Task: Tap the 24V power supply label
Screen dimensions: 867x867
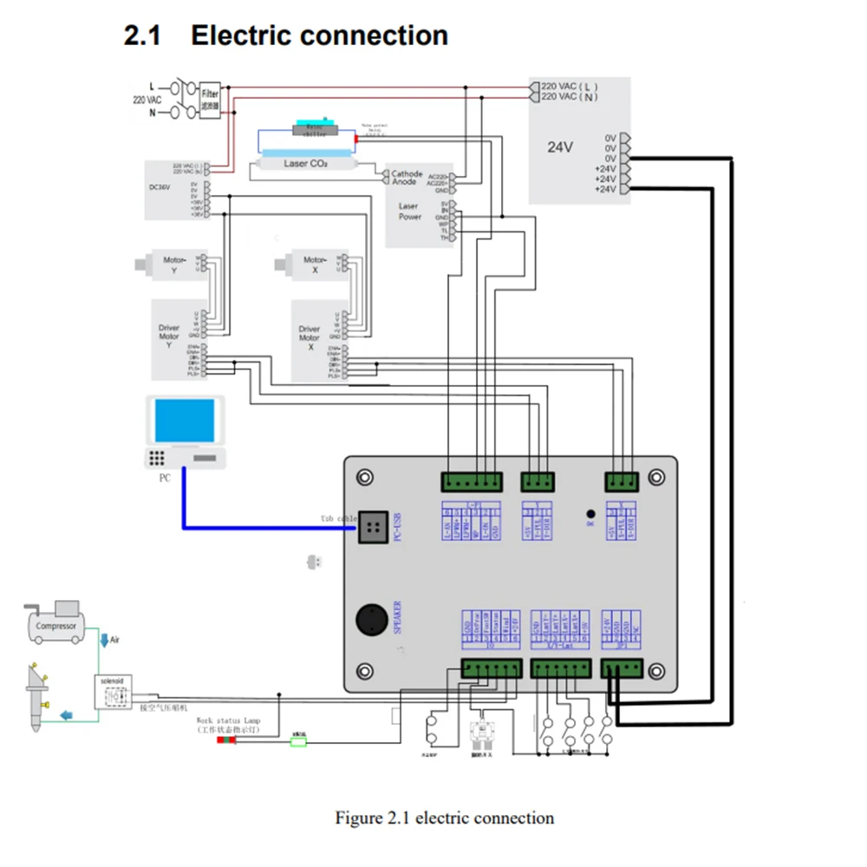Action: point(560,147)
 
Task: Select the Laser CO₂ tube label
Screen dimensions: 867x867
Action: point(305,162)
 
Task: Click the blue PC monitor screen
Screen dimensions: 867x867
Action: point(185,421)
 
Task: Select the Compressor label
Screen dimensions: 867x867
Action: point(56,625)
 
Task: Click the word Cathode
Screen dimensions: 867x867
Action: point(407,173)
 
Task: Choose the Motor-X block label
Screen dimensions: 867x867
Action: point(315,264)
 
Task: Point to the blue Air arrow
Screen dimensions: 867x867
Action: point(105,641)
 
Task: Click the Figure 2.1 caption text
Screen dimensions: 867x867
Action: point(444,818)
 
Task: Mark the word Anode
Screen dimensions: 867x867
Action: point(403,181)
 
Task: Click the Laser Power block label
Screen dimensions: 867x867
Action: point(409,212)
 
